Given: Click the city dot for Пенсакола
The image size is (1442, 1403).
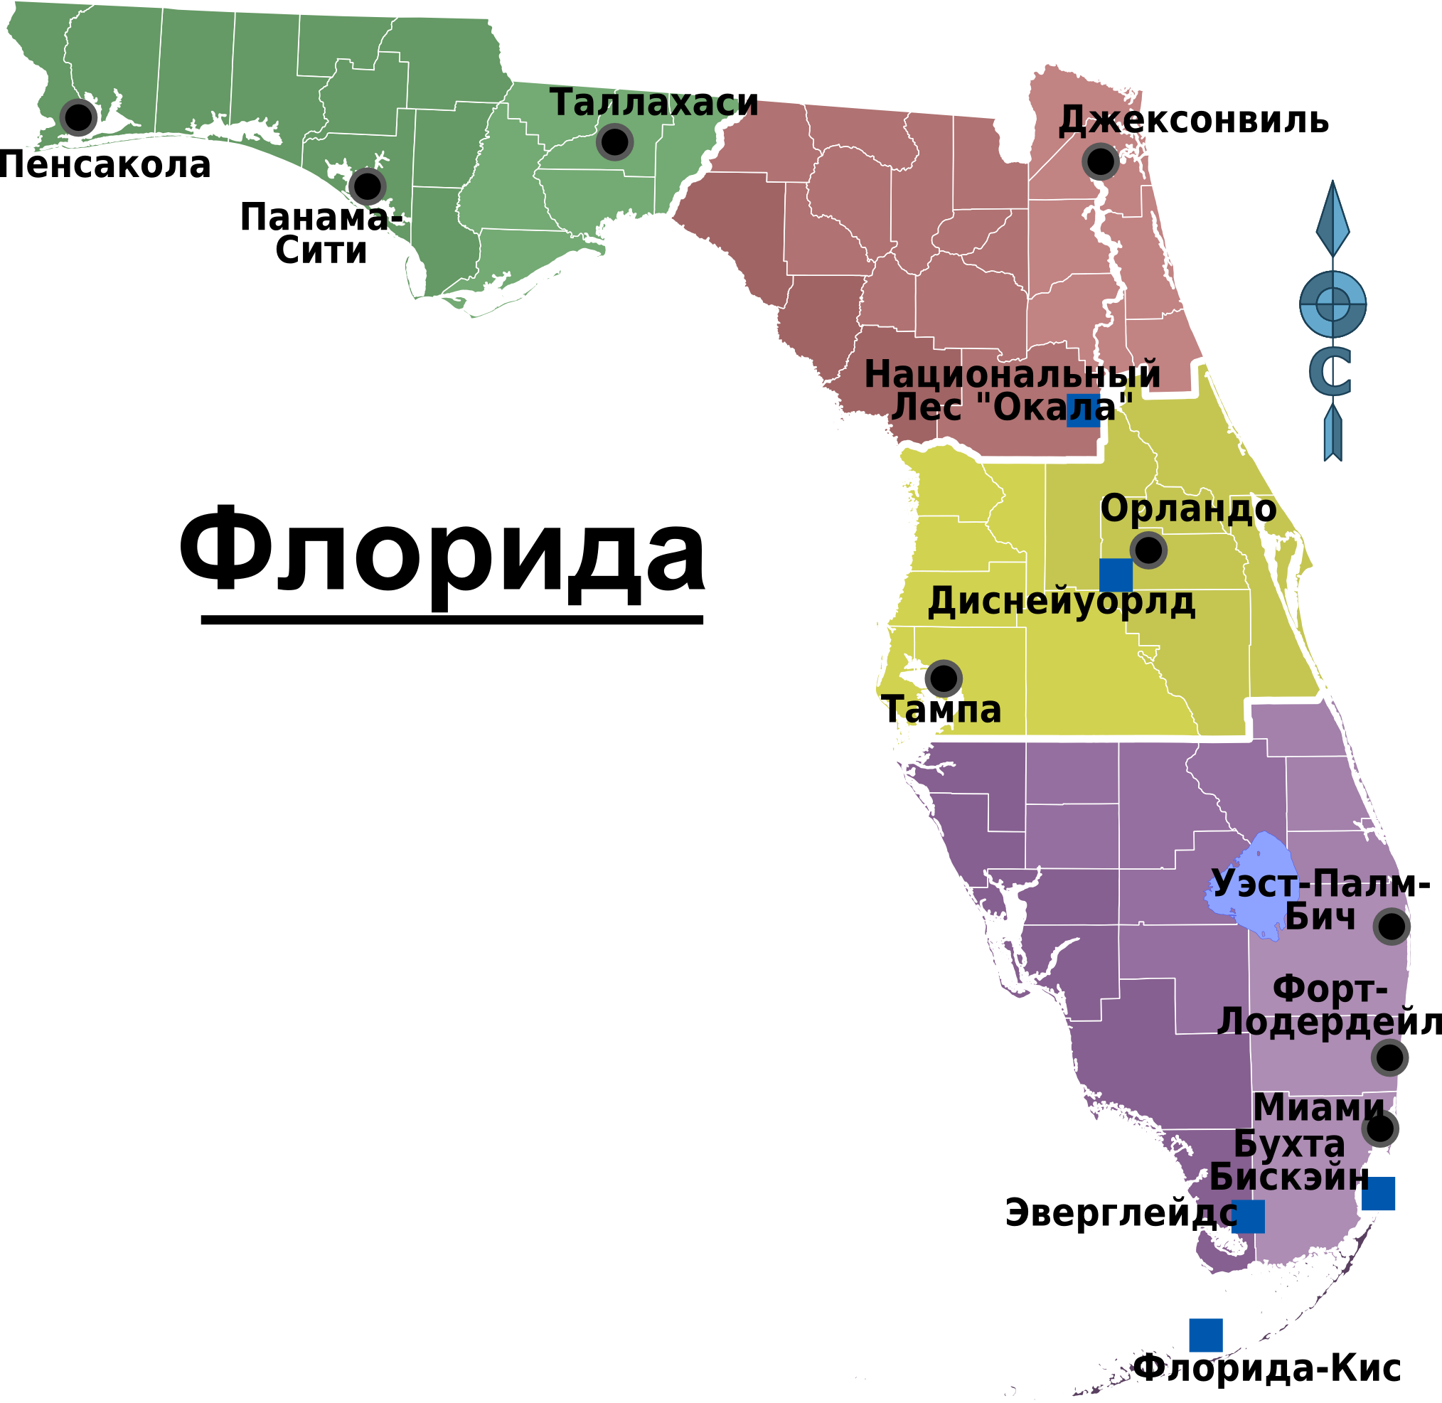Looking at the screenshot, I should tap(78, 117).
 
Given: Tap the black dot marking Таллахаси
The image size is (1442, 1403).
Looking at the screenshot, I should tap(614, 142).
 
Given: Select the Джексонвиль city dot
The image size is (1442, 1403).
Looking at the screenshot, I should tap(1100, 161).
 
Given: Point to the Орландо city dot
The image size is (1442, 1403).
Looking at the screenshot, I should tap(1148, 549).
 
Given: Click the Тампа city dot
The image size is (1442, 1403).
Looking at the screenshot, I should tap(943, 678).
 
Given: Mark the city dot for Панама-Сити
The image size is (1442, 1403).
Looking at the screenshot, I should tap(367, 186).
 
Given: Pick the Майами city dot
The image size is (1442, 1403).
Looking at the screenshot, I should tap(1379, 1127).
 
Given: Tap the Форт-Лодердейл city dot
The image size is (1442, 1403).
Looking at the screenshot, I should tap(1389, 1057).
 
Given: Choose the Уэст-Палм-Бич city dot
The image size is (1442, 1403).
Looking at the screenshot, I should tap(1391, 927).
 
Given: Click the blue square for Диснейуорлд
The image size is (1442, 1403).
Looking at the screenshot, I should tap(1116, 575).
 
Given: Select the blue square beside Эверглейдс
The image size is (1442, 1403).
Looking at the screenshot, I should tap(1247, 1217).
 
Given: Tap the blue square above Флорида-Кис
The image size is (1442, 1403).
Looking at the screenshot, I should tap(1205, 1335).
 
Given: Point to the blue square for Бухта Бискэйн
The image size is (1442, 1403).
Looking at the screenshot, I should tap(1378, 1194).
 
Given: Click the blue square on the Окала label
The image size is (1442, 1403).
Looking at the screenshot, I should tap(1083, 410).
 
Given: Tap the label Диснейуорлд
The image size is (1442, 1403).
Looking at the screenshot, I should tap(1061, 603).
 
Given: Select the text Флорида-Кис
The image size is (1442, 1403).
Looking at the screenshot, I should tap(1267, 1369).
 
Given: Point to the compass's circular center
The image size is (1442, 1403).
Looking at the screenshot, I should tap(1332, 303).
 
